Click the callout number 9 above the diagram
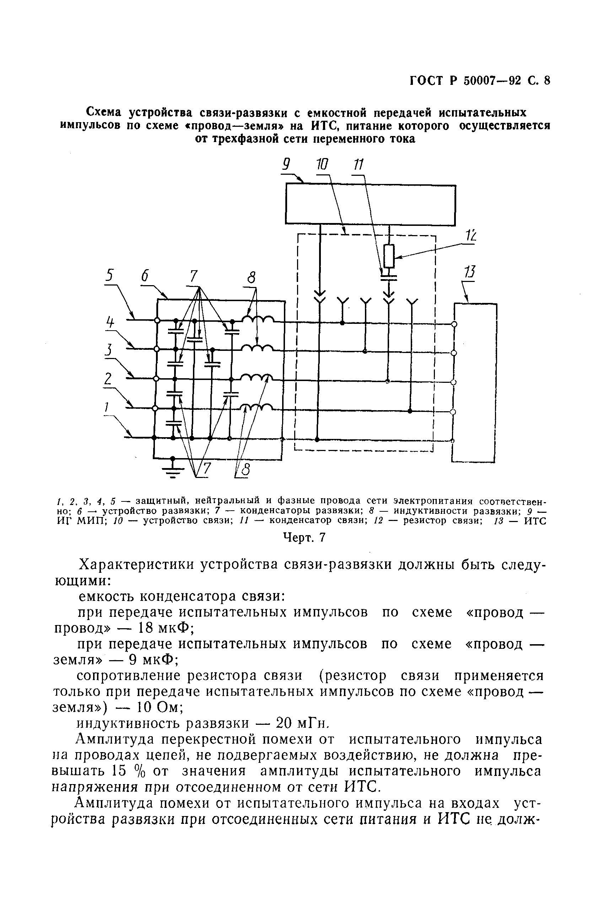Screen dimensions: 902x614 [286, 165]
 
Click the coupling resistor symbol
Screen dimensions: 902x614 [389, 256]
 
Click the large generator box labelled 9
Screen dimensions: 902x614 [371, 204]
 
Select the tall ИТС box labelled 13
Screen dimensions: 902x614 [475, 382]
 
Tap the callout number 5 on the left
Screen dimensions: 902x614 [110, 275]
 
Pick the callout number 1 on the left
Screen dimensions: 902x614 [106, 407]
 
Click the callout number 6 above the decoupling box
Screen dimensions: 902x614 [145, 276]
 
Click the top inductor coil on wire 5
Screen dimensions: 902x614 [258, 319]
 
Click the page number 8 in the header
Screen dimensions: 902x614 [547, 80]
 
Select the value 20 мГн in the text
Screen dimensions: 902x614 [301, 723]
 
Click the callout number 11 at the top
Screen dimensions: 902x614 [358, 165]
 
